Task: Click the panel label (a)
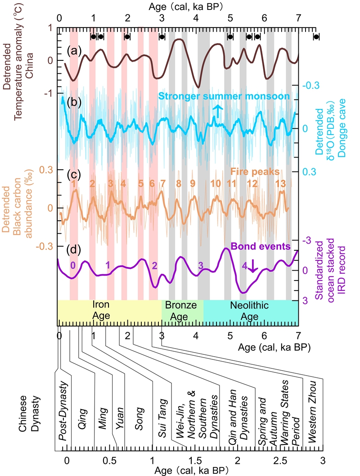(x=74, y=51)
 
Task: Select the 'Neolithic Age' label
(x=249, y=311)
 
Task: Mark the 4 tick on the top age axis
(x=196, y=18)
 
